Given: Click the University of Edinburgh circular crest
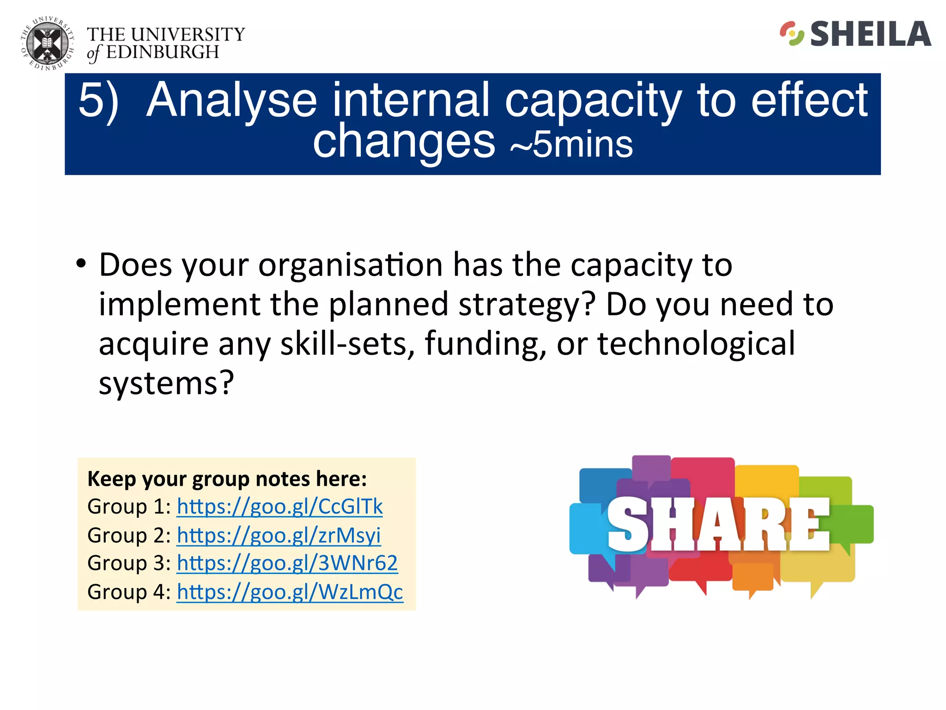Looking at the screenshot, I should pyautogui.click(x=47, y=44).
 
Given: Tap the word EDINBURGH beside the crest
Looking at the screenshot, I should pyautogui.click(x=162, y=52).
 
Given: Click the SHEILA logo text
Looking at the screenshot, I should pyautogui.click(x=870, y=34).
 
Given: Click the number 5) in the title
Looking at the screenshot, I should pyautogui.click(x=98, y=100).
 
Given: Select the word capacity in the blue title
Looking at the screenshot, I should pyautogui.click(x=593, y=100).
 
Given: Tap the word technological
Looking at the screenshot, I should pyautogui.click(x=696, y=343).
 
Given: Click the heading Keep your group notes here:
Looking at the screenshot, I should pyautogui.click(x=227, y=479).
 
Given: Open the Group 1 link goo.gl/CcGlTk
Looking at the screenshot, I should pyautogui.click(x=279, y=507).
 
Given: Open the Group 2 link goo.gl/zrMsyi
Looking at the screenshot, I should pyautogui.click(x=279, y=535).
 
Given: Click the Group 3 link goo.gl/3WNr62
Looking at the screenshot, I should pyautogui.click(x=287, y=563).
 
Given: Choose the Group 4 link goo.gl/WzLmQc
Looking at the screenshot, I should pyautogui.click(x=290, y=592).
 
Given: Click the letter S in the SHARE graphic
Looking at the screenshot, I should pyautogui.click(x=627, y=525).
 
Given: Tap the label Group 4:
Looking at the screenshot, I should pyautogui.click(x=129, y=592).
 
